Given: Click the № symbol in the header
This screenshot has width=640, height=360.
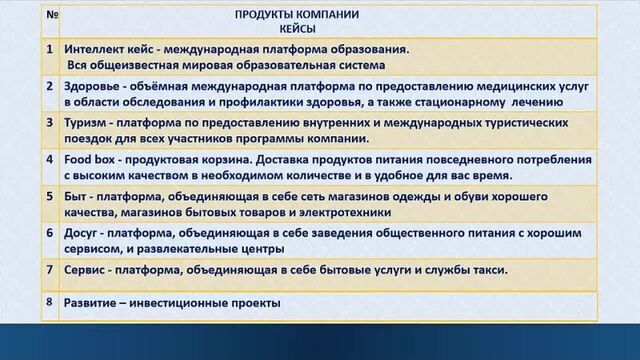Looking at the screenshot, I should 51,15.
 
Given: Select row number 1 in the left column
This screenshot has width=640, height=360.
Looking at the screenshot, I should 49,48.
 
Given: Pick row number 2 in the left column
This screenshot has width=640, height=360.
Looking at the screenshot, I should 49,85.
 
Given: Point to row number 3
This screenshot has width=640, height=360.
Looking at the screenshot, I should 49,122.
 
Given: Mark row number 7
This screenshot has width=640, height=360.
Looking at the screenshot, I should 49,269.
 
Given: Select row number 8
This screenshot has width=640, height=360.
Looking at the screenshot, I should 48,302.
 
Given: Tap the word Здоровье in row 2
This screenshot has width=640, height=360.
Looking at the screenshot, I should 92,85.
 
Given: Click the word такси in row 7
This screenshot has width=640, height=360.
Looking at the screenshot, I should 487,269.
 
